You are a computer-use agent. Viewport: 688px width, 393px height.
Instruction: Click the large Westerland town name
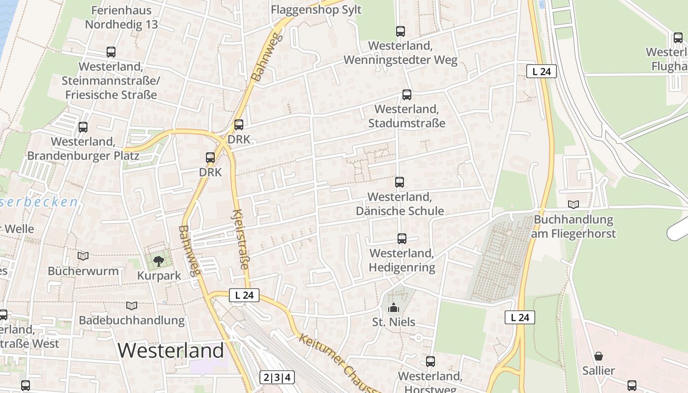tap(171, 350)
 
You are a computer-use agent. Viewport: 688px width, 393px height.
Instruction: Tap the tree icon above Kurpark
tap(158, 261)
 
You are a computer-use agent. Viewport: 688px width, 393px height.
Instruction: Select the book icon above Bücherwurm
tap(83, 256)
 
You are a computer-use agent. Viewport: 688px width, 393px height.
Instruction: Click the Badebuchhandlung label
tap(132, 321)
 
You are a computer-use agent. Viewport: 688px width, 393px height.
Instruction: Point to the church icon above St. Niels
tap(393, 308)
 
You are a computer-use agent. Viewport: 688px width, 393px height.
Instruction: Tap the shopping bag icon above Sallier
tap(598, 356)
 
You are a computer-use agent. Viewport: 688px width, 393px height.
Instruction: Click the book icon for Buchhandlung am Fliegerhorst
tap(573, 204)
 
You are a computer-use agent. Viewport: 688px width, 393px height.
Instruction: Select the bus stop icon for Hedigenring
tap(402, 239)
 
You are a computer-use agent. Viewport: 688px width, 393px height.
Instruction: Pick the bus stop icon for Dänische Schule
tap(400, 182)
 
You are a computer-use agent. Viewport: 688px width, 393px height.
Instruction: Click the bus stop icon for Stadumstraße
tap(407, 95)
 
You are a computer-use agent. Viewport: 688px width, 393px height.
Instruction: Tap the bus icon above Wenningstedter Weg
tap(401, 31)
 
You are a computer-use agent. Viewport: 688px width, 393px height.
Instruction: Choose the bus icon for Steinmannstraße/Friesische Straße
tap(111, 52)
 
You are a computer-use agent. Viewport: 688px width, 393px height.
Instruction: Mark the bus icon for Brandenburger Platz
tap(83, 127)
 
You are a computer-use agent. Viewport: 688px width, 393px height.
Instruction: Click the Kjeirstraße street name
tap(240, 239)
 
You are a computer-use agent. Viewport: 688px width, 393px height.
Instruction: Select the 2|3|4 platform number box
tap(277, 377)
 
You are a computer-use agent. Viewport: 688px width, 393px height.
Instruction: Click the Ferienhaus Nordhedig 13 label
tap(121, 18)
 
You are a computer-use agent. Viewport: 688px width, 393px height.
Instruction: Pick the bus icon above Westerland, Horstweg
tap(430, 362)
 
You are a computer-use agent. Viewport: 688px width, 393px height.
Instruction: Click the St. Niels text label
tap(394, 322)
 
